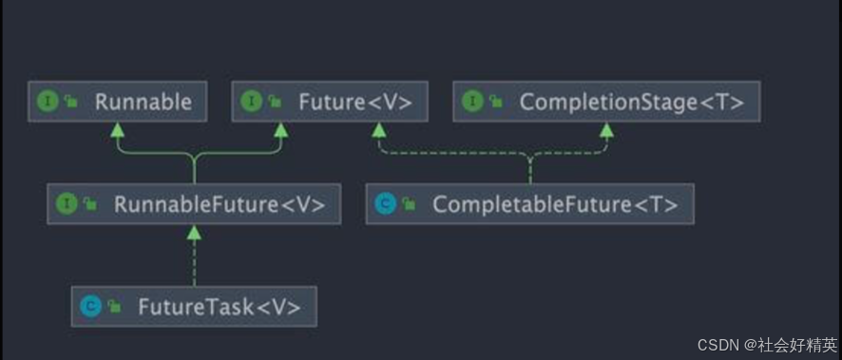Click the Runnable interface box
coord(116,102)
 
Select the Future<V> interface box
coord(330,102)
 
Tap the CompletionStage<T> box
coord(606,102)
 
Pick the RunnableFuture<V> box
coord(194,204)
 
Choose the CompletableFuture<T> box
coord(529,204)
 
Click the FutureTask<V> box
coord(194,306)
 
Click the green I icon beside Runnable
coord(48,102)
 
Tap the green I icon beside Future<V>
coord(252,102)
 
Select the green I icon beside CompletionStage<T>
coord(471,102)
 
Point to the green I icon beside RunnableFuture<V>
coord(67,204)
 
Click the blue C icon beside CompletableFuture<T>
coord(385,204)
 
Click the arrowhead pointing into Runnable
coord(117,129)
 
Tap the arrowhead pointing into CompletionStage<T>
coord(606,129)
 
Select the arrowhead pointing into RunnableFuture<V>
coord(194,232)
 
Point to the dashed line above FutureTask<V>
coord(194,261)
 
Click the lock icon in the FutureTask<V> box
coord(114,307)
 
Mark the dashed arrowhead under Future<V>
coord(378,129)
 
